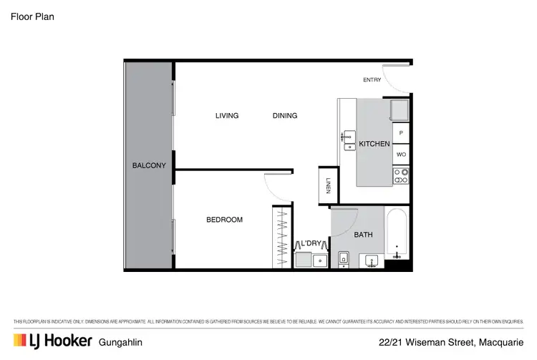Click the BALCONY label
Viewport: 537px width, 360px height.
tap(149, 165)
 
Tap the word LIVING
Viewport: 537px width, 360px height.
tap(227, 116)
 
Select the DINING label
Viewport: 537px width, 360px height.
tap(285, 116)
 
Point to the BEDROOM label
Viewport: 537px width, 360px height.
tap(224, 220)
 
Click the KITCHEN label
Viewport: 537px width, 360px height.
tap(374, 144)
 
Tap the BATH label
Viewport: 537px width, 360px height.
tap(364, 234)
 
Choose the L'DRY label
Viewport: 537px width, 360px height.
tap(310, 243)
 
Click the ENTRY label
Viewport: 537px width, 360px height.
tap(372, 80)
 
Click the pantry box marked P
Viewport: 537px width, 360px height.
tap(401, 133)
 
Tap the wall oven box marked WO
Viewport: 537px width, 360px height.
tap(401, 154)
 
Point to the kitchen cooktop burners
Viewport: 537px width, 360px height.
tap(401, 175)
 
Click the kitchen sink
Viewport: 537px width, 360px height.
tap(349, 140)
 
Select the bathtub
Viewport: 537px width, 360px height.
tap(397, 234)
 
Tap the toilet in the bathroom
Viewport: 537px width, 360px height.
tap(343, 259)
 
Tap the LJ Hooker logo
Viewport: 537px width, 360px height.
tap(52, 341)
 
